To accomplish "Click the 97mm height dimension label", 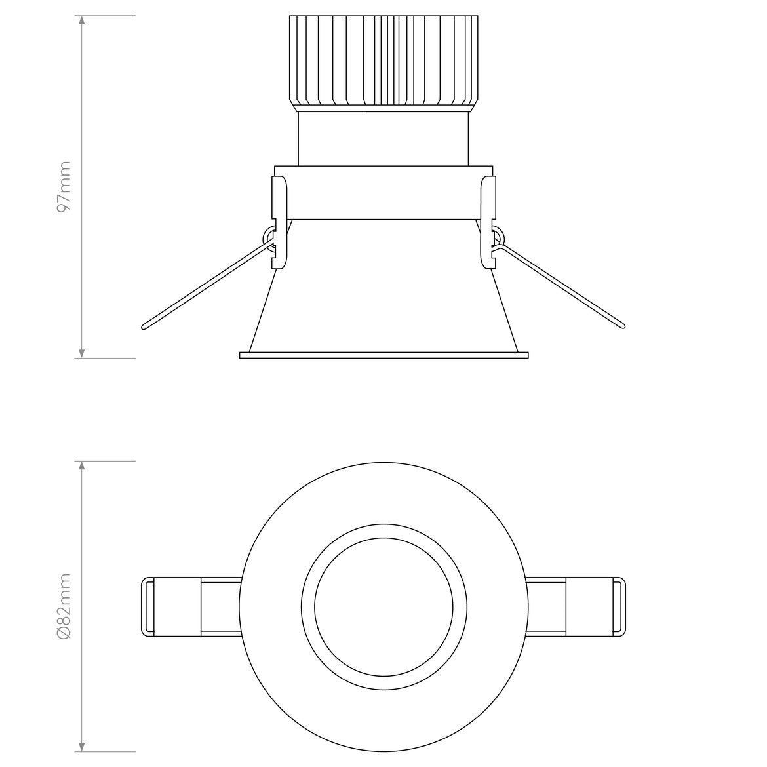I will (x=64, y=187).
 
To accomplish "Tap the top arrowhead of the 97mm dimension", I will (x=82, y=20).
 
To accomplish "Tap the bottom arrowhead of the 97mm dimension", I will (x=82, y=354).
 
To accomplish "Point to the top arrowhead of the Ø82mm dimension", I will (x=82, y=465).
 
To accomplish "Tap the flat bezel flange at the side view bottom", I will (x=383, y=355).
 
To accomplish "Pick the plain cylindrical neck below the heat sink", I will (x=383, y=138).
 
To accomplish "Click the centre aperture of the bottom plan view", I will (x=383, y=606).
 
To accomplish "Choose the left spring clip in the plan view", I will (x=172, y=606).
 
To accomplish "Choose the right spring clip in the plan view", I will (x=595, y=606).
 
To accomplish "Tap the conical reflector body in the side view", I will (x=383, y=288).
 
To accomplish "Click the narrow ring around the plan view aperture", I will (x=383, y=532).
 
